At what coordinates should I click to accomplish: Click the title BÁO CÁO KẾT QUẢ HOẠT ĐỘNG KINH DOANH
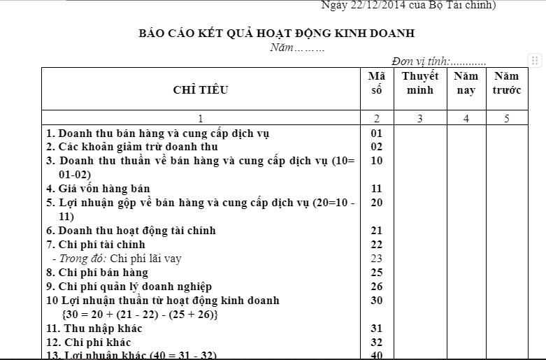(276, 33)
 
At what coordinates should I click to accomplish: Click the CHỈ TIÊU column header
(200, 89)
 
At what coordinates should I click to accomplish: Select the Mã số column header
(377, 83)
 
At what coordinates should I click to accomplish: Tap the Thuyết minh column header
(420, 83)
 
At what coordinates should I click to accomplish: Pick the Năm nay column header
(466, 83)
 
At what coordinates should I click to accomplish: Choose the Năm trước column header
(507, 83)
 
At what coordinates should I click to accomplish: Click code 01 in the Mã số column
(377, 133)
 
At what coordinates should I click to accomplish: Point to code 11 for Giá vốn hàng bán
(377, 189)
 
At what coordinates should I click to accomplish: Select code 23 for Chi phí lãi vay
(377, 259)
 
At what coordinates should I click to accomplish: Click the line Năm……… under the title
(297, 48)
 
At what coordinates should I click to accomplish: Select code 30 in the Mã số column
(377, 301)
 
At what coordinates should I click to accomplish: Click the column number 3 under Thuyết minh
(420, 119)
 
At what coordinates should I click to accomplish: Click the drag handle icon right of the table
(535, 61)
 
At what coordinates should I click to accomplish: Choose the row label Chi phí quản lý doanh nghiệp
(129, 287)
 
